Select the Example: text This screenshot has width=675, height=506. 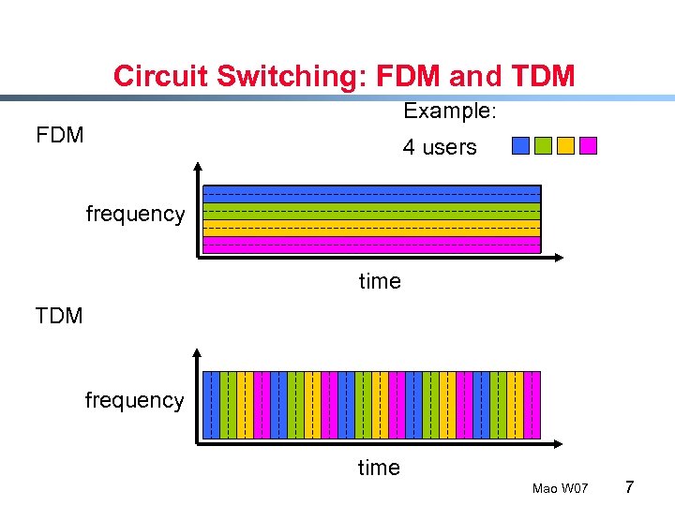pyautogui.click(x=449, y=111)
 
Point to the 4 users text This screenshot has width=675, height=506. pyautogui.click(x=440, y=147)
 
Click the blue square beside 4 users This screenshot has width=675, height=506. pyautogui.click(x=520, y=145)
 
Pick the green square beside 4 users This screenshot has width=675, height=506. pyautogui.click(x=543, y=145)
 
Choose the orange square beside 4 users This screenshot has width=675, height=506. pyautogui.click(x=565, y=145)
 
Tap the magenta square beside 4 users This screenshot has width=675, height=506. pyautogui.click(x=588, y=145)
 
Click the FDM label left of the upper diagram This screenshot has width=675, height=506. pyautogui.click(x=60, y=135)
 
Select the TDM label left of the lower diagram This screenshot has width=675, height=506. pyautogui.click(x=59, y=316)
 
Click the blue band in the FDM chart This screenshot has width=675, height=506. pyautogui.click(x=372, y=194)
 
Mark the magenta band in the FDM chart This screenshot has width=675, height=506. pyautogui.click(x=372, y=245)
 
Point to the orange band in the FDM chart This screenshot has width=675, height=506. pyautogui.click(x=372, y=228)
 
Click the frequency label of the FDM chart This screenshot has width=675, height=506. pyautogui.click(x=135, y=214)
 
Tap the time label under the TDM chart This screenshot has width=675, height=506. pyautogui.click(x=379, y=468)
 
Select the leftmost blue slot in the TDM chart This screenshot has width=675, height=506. pyautogui.click(x=212, y=405)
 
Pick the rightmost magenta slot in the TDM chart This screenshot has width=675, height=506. pyautogui.click(x=532, y=405)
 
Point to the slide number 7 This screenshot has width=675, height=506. pyautogui.click(x=630, y=487)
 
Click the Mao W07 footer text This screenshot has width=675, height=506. pyautogui.click(x=560, y=489)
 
